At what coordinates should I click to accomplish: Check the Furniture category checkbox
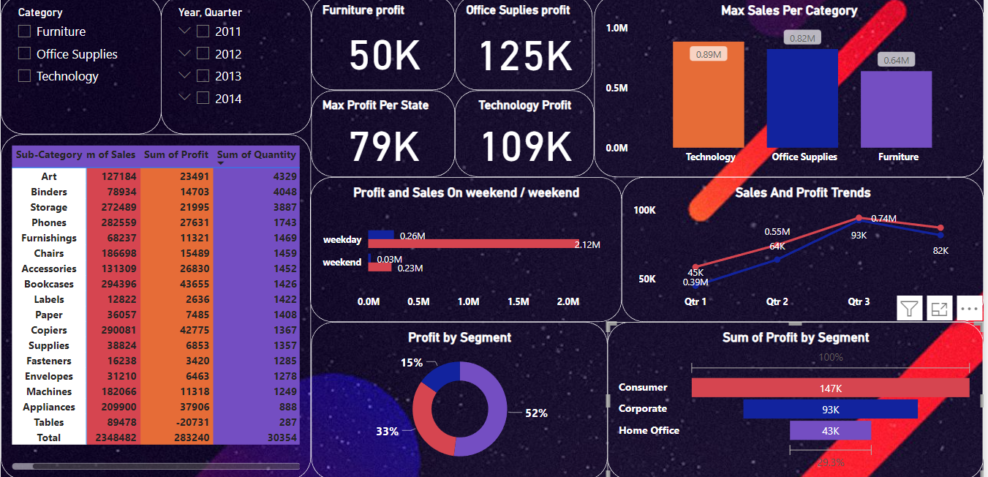tap(24, 31)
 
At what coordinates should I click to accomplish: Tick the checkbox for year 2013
tap(203, 76)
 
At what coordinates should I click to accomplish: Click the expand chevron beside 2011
tap(184, 31)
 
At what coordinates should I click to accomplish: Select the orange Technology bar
tap(709, 94)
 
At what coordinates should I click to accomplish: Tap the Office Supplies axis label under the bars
tap(804, 157)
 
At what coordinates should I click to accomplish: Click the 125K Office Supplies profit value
tap(524, 56)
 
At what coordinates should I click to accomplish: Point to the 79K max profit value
tap(384, 146)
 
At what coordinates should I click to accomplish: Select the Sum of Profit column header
tap(176, 155)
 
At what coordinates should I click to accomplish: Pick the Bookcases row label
tap(49, 285)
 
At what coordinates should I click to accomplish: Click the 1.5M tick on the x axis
tap(518, 302)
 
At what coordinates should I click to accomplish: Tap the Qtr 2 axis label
tap(777, 302)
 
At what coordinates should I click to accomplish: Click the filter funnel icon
tap(909, 309)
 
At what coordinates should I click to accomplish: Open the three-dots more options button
tap(969, 309)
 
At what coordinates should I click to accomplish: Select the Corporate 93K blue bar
tap(830, 409)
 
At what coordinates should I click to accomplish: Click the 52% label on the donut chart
tap(536, 413)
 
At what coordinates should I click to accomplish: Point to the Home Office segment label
tap(649, 431)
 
